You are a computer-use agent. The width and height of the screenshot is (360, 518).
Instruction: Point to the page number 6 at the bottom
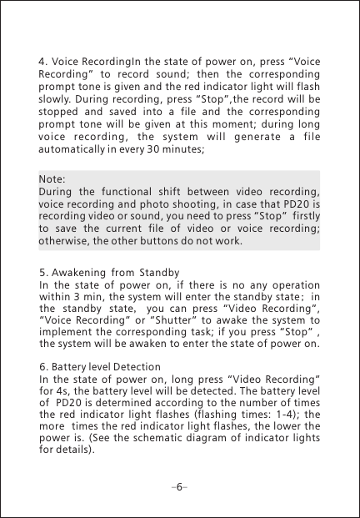(180, 485)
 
